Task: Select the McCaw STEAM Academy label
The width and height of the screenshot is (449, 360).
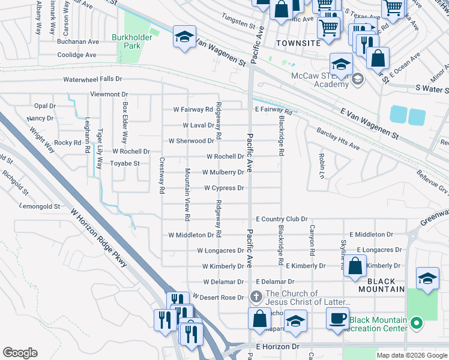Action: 320,80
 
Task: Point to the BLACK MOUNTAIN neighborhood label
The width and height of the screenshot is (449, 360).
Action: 381,285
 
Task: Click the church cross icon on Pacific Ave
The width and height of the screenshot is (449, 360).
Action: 256,296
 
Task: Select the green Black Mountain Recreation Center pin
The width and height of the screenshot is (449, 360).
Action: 417,324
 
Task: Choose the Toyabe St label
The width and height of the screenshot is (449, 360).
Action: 125,163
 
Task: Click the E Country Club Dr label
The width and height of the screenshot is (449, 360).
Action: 281,220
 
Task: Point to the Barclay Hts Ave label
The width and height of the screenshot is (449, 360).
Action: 337,139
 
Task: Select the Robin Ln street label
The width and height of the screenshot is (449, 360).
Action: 322,166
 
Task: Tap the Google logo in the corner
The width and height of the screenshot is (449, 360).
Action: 20,353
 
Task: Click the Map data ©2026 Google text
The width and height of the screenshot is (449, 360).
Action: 411,355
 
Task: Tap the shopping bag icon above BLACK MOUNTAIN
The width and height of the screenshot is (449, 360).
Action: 355,266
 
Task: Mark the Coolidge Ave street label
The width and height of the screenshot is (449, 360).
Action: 77,55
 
